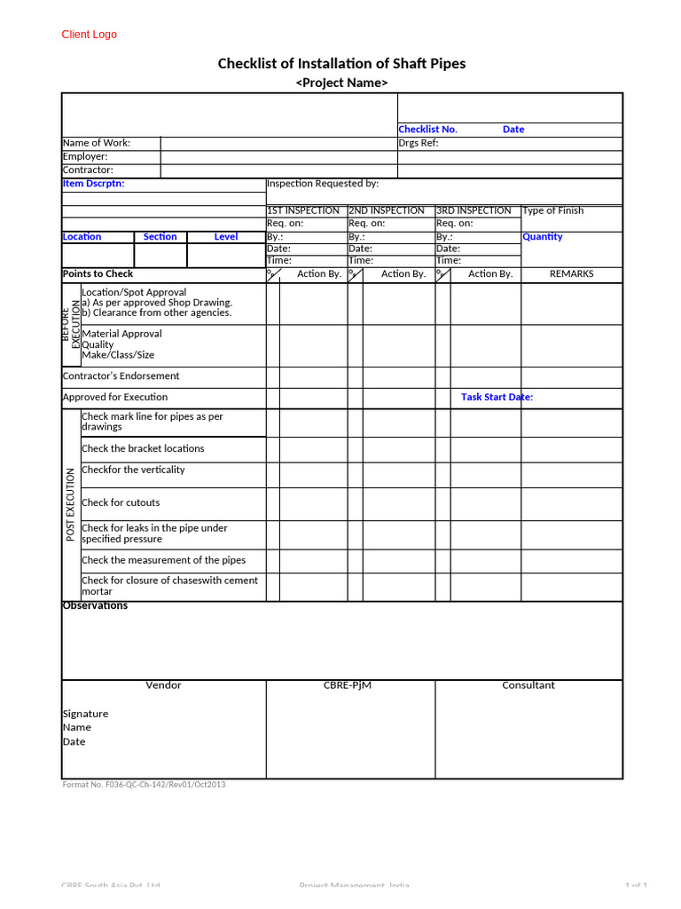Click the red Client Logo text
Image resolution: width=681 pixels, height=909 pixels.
point(89,35)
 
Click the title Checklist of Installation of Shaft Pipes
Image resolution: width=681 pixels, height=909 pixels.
point(341,63)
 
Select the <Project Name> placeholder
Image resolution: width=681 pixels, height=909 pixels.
point(341,83)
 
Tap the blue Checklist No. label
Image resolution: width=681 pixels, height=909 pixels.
point(427,130)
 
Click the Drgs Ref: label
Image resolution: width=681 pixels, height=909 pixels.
point(419,143)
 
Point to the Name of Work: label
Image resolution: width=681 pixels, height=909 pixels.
point(97,143)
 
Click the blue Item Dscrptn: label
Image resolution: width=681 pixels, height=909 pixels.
point(93,184)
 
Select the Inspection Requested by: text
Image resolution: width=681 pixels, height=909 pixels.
point(323,184)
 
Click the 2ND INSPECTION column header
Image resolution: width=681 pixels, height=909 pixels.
point(387,211)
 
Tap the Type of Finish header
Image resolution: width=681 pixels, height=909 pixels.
point(553,211)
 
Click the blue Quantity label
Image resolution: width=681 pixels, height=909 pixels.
point(543,237)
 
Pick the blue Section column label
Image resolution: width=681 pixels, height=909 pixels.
point(160,237)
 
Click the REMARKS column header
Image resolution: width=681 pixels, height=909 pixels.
point(571,274)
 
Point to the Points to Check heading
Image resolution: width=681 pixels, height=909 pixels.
point(98,274)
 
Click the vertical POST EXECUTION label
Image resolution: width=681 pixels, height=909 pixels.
point(71,504)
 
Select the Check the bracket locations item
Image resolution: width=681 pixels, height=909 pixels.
point(143,449)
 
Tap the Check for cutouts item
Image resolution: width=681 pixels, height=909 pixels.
point(121,503)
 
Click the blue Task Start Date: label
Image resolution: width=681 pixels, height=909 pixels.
point(497,398)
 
